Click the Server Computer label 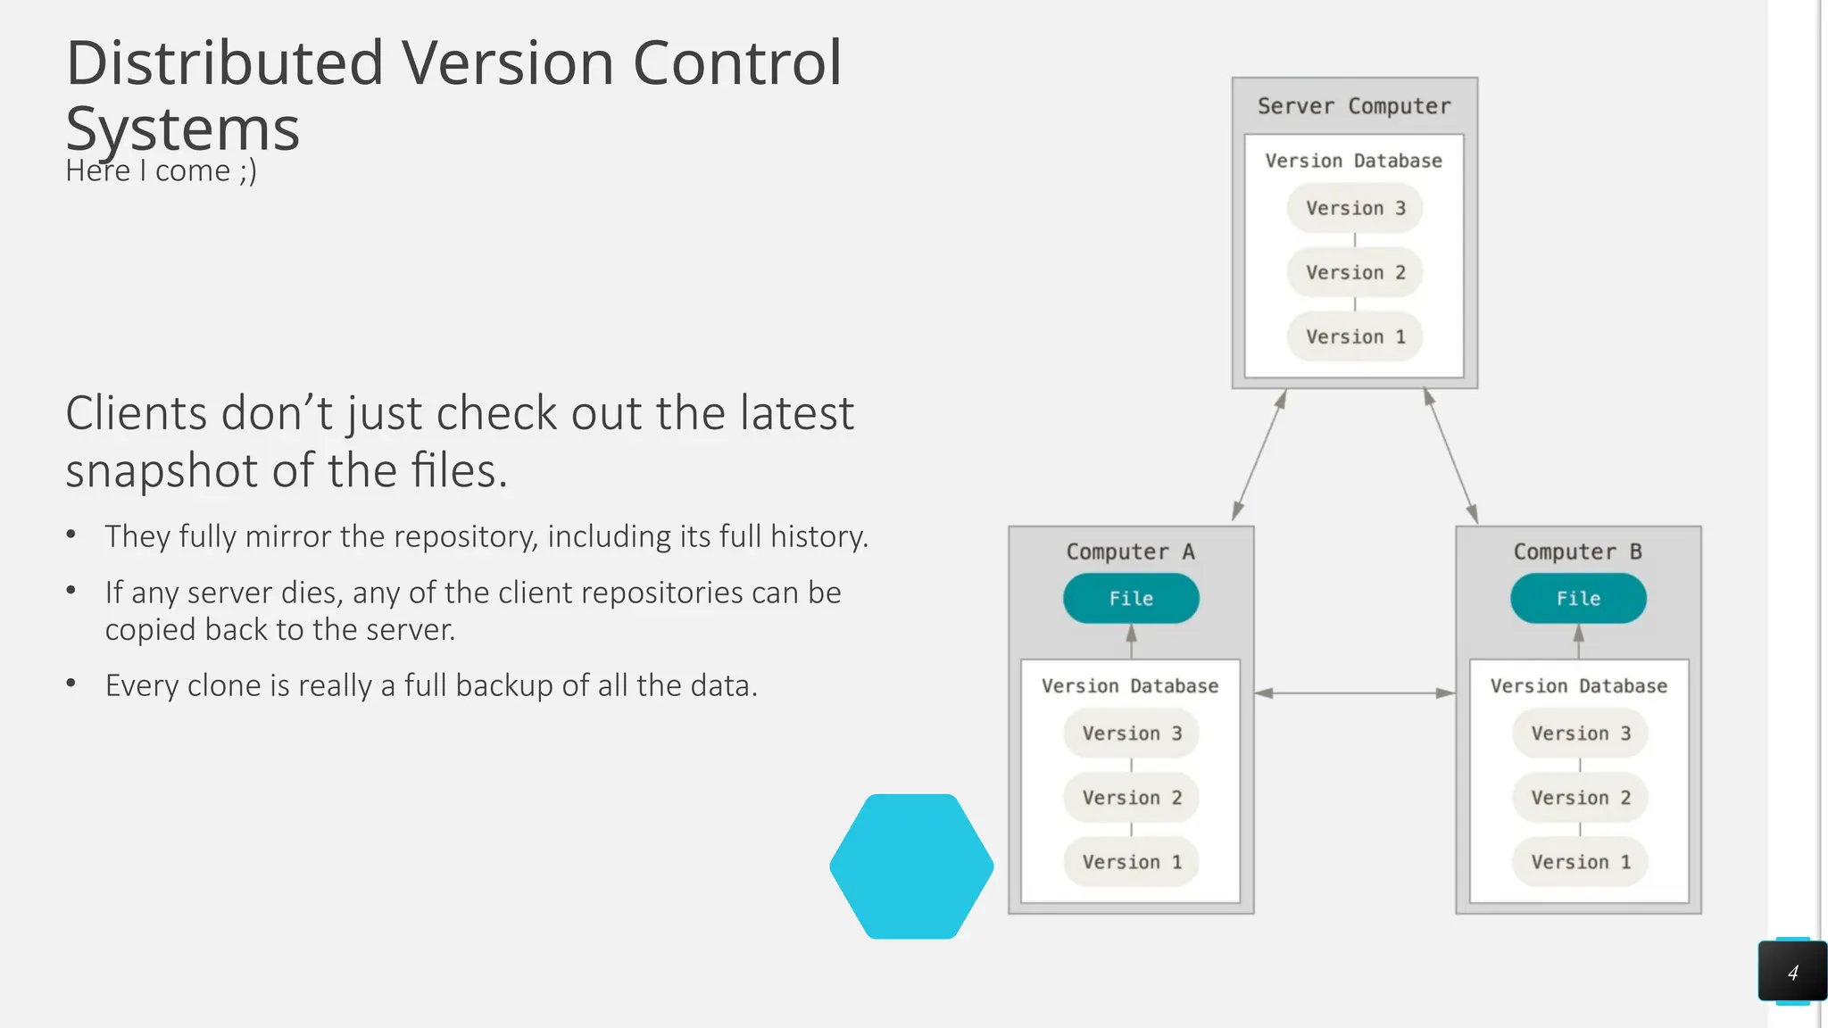[x=1354, y=106]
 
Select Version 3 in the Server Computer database [x=1354, y=208]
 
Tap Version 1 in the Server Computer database [x=1354, y=336]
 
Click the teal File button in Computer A [x=1131, y=598]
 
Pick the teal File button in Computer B [x=1578, y=598]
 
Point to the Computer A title [x=1130, y=551]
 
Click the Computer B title [x=1577, y=551]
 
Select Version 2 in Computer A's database [x=1131, y=798]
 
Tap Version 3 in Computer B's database [x=1580, y=734]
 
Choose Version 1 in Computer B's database [x=1580, y=862]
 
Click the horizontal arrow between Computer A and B [x=1354, y=692]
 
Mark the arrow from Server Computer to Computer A [x=1259, y=455]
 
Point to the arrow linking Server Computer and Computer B [x=1450, y=455]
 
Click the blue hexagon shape [x=911, y=866]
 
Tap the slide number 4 [x=1792, y=973]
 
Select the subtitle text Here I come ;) [x=161, y=170]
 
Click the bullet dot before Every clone [x=71, y=684]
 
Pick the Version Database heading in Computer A [x=1130, y=686]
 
